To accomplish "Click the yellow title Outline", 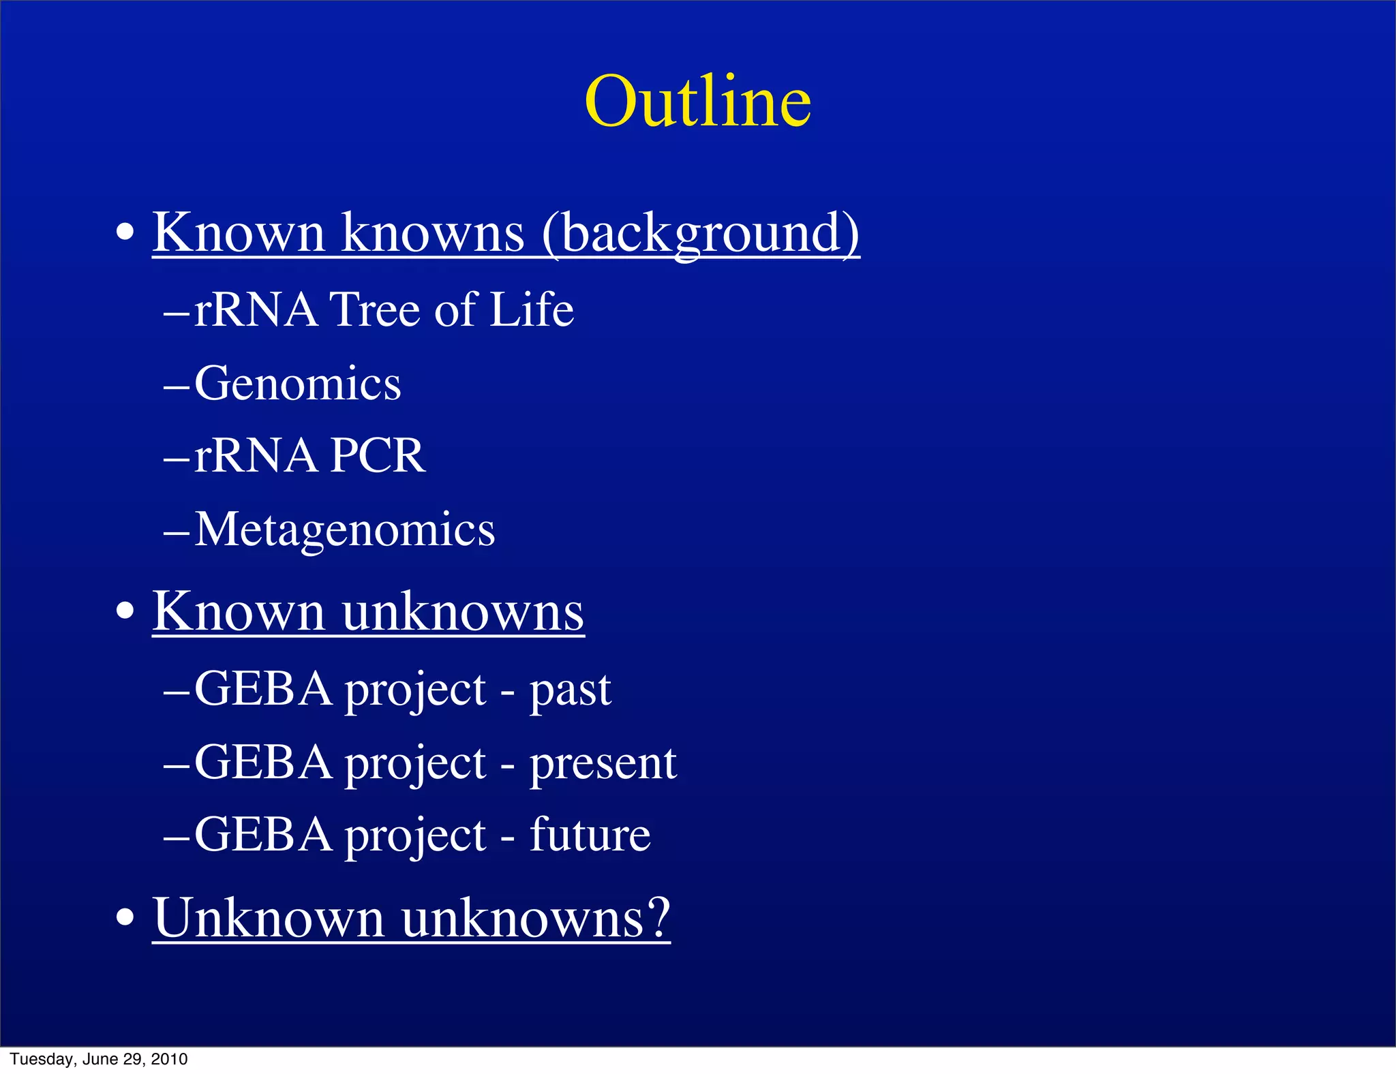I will click(697, 102).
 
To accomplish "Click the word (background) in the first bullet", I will click(701, 233).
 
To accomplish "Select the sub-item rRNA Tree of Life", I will click(384, 310).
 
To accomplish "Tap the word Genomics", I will click(298, 383).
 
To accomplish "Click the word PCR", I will click(377, 456).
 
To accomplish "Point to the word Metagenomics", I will click(344, 530).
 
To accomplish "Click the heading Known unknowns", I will click(368, 611).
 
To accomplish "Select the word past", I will click(570, 690).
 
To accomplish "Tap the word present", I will click(603, 763).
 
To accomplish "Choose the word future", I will click(590, 835).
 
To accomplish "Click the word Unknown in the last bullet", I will click(269, 918).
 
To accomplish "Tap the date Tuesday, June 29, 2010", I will click(99, 1059).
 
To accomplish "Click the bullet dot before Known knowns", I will click(125, 234).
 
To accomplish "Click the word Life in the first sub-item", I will click(532, 310).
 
